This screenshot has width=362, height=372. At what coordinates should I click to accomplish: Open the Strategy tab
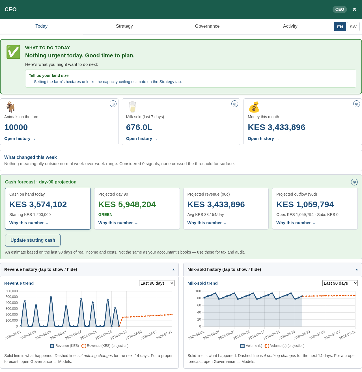[x=124, y=26]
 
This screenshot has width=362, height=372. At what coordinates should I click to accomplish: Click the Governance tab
[x=207, y=26]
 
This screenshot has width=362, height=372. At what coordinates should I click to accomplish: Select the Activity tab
[x=290, y=26]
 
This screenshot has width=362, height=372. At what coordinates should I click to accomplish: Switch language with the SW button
[x=353, y=27]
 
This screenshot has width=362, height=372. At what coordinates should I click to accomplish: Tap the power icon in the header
[x=354, y=9]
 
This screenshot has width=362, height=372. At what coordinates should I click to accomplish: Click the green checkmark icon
[x=13, y=52]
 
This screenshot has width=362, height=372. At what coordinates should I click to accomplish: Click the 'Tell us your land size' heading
[x=49, y=75]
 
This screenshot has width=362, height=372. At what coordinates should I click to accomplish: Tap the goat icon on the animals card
[x=10, y=107]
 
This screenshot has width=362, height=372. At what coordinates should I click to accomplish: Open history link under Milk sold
[x=141, y=139]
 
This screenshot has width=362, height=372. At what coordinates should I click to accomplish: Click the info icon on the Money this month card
[x=356, y=104]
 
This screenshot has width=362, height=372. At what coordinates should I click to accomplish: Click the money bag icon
[x=254, y=107]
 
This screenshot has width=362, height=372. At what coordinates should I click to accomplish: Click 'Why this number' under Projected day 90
[x=118, y=223]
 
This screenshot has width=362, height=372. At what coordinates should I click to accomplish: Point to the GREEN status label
[x=105, y=215]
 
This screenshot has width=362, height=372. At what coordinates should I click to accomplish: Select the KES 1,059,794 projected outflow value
[x=305, y=204]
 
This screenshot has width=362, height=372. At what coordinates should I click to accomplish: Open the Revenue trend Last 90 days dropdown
[x=157, y=283]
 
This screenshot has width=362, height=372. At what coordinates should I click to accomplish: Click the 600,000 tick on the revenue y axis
[x=12, y=291]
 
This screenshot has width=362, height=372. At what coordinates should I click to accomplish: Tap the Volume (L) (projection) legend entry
[x=285, y=346]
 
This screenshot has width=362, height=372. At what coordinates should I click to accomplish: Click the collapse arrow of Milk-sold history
[x=357, y=270]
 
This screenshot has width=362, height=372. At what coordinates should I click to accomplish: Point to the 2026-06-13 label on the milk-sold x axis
[x=242, y=335]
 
